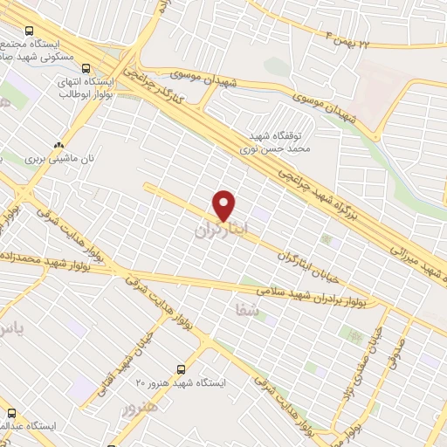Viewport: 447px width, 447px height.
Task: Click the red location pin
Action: point(224,205)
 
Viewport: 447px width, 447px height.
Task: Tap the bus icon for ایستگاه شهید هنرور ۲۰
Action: point(181,369)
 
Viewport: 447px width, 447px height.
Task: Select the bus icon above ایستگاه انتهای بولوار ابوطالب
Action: point(85,67)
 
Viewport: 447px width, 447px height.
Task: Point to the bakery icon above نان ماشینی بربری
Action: point(58,145)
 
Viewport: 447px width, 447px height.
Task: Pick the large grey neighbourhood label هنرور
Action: point(141,409)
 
